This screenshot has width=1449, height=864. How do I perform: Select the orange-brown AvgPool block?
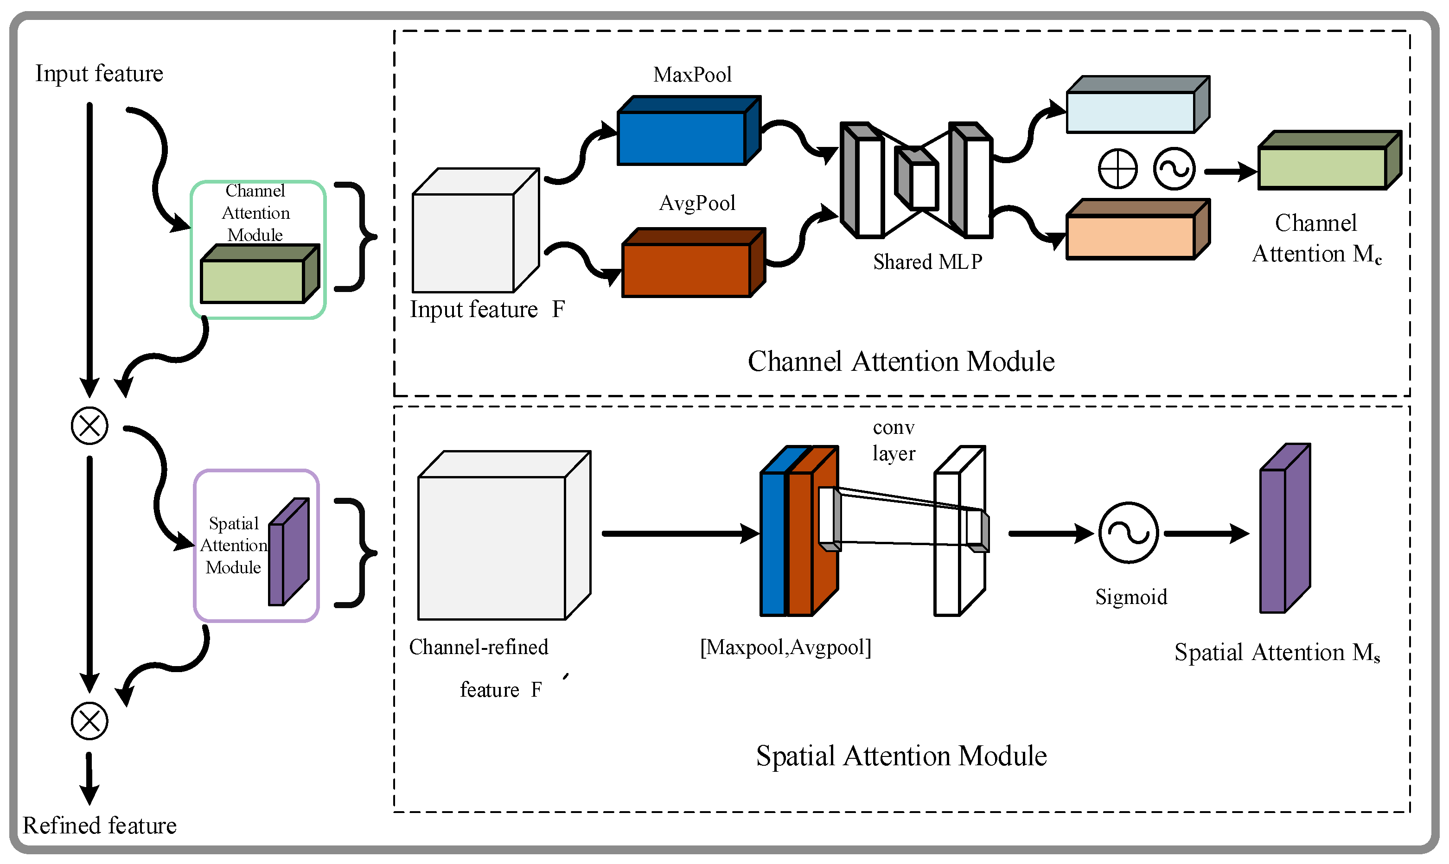[x=686, y=270]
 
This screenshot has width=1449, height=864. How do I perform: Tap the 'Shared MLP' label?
[x=927, y=262]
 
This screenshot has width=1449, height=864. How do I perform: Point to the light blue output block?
[x=1130, y=112]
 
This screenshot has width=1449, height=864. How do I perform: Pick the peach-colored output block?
[x=1130, y=236]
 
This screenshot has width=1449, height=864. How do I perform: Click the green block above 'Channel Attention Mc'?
[x=1322, y=168]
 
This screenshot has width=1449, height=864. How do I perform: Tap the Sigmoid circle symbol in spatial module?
[x=1128, y=533]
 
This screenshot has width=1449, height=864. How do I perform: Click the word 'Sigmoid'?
[x=1131, y=597]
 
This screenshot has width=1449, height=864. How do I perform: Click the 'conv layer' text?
[x=894, y=440]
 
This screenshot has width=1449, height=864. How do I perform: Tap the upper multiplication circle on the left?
[x=89, y=426]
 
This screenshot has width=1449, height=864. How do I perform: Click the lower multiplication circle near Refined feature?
[x=89, y=721]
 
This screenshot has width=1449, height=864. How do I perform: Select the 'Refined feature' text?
[x=99, y=826]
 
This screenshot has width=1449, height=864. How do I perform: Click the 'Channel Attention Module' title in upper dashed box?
[x=900, y=362]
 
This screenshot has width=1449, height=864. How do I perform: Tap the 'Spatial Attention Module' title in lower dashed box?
[x=900, y=756]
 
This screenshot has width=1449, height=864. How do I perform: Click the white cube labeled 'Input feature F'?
[x=464, y=241]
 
